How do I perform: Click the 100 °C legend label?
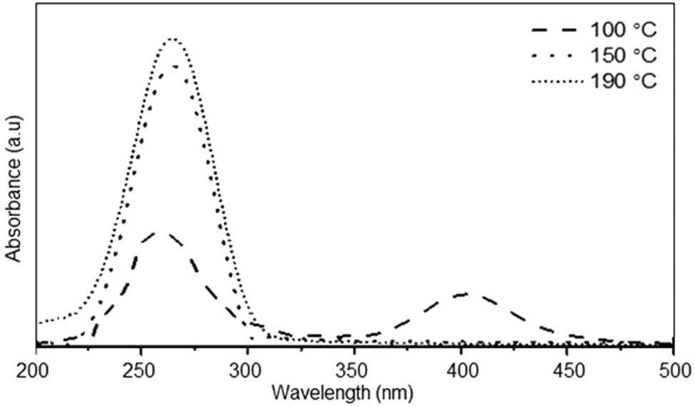(622, 31)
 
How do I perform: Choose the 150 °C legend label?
(622, 56)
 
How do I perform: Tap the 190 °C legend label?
(622, 80)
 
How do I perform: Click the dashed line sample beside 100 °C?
(557, 31)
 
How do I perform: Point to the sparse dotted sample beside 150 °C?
(557, 56)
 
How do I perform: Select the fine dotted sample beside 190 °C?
(557, 81)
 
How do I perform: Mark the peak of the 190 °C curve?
(172, 39)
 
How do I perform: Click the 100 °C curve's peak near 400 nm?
(464, 293)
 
